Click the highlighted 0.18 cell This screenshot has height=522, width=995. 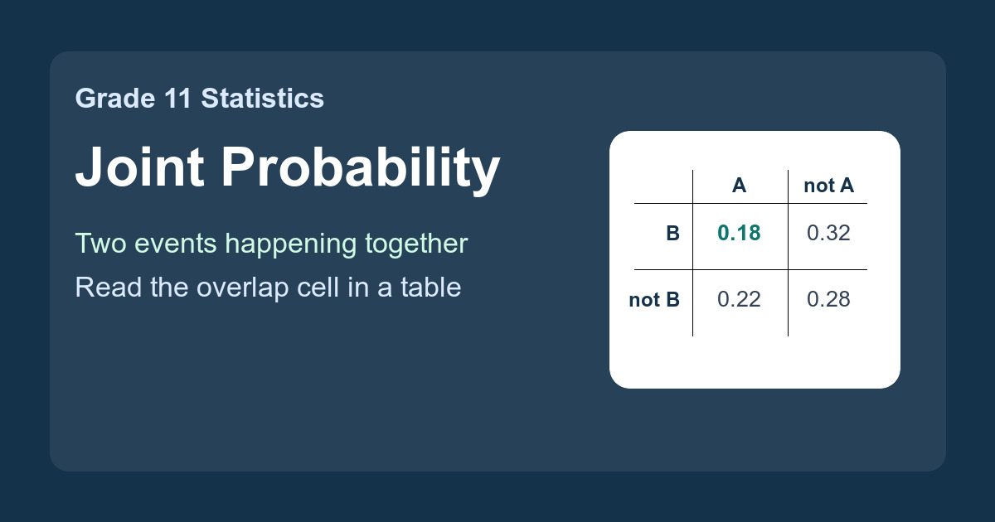[739, 233]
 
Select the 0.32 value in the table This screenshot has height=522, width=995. [828, 233]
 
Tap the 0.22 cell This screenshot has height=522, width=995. [739, 299]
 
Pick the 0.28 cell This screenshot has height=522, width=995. [828, 299]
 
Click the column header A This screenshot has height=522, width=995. [739, 186]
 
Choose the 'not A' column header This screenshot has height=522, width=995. [829, 186]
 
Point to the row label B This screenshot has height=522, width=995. [673, 234]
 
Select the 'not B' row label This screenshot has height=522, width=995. [654, 300]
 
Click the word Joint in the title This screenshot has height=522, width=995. [140, 167]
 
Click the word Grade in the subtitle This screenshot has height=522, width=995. [115, 98]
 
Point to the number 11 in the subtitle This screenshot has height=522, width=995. [177, 99]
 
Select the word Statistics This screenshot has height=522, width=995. [263, 98]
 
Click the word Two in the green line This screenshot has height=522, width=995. [101, 244]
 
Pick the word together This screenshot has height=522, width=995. [416, 244]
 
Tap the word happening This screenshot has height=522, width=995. [290, 244]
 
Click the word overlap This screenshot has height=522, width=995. [242, 288]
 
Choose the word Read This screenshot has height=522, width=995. [109, 288]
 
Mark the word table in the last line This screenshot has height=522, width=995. [431, 288]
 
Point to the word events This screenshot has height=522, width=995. [176, 244]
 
